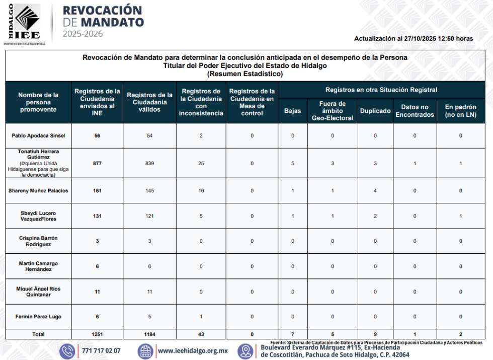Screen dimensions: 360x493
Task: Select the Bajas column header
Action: pos(292,111)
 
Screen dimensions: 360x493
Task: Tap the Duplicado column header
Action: pos(375,111)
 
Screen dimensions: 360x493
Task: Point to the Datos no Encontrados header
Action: pos(415,111)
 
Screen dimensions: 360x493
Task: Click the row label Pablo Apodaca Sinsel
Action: pos(38,135)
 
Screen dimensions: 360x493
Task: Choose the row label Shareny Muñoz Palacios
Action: pos(38,191)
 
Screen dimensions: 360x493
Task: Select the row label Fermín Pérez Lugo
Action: pos(38,317)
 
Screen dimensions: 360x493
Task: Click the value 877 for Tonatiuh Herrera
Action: pos(97,163)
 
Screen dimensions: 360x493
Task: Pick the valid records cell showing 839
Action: pos(149,163)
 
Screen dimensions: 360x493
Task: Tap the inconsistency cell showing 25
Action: pos(201,163)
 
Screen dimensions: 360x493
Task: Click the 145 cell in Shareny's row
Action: pos(149,191)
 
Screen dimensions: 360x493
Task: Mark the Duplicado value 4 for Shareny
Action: pos(375,191)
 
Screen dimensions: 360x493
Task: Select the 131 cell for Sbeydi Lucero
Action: pos(97,216)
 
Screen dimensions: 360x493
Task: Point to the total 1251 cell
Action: pos(97,334)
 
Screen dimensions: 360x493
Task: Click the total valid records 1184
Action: pos(149,334)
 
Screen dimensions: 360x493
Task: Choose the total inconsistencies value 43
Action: pos(201,334)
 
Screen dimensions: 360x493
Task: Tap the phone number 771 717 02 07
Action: pos(101,351)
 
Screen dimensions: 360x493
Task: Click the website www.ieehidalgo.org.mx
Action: pos(193,351)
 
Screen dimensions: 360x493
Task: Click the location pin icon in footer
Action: pos(246,351)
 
